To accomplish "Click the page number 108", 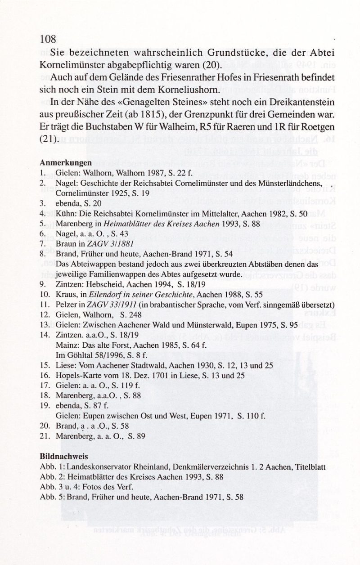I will click(x=47, y=39).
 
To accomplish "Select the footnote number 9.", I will click(x=42, y=284).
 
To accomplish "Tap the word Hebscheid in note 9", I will click(x=101, y=284).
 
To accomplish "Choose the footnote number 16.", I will click(x=44, y=375).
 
